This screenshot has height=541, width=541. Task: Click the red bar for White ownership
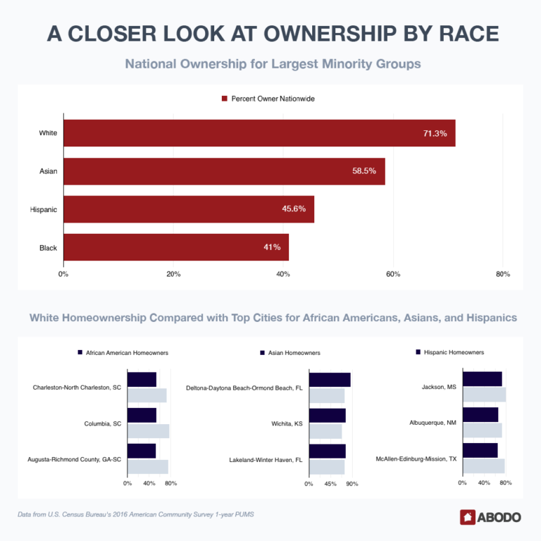(x=259, y=133)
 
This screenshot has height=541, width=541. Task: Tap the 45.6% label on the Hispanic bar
(x=292, y=209)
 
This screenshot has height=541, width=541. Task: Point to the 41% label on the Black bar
(x=272, y=247)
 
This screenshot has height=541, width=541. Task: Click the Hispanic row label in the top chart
(x=43, y=209)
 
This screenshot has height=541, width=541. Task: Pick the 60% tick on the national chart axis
(x=393, y=274)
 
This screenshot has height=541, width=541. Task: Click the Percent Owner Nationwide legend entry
(x=267, y=99)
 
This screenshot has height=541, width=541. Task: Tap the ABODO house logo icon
(x=467, y=517)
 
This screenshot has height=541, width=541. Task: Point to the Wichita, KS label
(x=287, y=424)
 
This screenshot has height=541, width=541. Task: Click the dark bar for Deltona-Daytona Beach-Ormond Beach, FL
(x=329, y=380)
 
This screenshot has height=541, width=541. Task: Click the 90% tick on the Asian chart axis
(x=352, y=484)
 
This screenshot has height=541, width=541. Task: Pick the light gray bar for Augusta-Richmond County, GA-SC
(x=147, y=466)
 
